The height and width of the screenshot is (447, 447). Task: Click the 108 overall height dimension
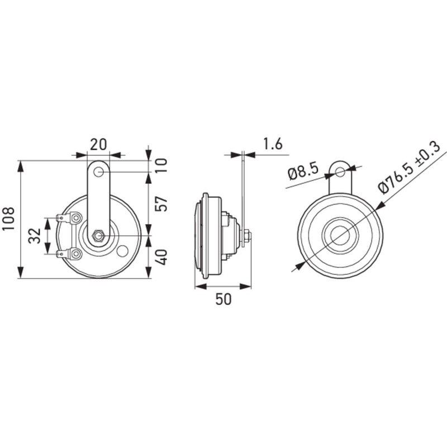10,220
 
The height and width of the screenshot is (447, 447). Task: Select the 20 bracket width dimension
98,144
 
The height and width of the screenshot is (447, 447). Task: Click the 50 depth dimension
222,299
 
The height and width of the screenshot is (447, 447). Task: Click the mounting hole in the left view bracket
99,171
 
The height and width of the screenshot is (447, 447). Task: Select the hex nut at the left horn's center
98,236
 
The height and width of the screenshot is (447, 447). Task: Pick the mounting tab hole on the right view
339,170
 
